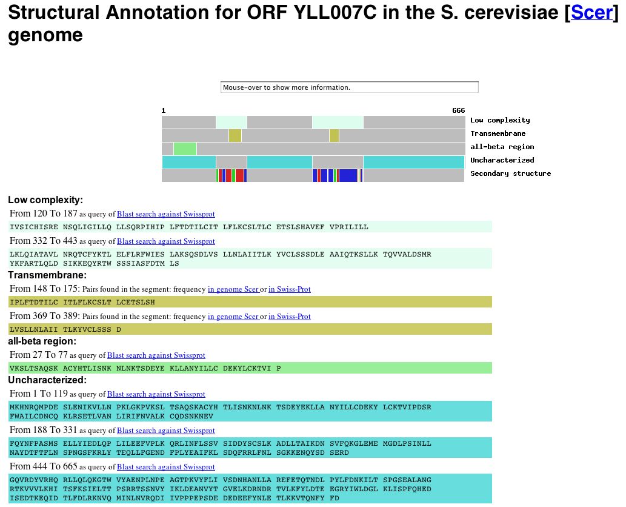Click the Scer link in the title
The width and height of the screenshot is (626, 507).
[592, 12]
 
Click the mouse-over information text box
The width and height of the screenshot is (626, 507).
[350, 87]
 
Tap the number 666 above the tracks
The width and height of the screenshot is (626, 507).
[458, 110]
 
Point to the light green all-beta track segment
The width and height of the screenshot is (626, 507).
[185, 149]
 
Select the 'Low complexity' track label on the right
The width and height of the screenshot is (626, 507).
[500, 120]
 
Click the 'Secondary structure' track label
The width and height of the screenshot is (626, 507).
[510, 173]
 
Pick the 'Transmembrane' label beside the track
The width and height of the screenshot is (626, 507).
[498, 133]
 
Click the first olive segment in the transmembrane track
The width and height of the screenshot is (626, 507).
[235, 135]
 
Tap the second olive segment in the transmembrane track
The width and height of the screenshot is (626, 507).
[334, 135]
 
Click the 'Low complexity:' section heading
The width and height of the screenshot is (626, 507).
[45, 200]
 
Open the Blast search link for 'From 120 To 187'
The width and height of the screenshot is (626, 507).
[165, 214]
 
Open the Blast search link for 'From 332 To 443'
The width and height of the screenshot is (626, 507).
[165, 241]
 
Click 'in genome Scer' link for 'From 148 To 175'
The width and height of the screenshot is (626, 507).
[233, 289]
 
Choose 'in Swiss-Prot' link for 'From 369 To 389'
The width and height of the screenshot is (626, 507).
[289, 317]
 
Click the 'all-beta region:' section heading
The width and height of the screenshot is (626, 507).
[42, 341]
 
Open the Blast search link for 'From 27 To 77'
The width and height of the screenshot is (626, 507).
[156, 355]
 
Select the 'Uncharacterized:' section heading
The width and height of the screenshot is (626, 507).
[47, 380]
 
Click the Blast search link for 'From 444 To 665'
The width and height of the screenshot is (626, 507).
[165, 467]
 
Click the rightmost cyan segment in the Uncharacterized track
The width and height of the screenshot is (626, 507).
[414, 162]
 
